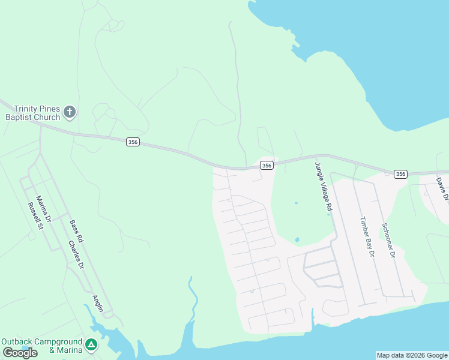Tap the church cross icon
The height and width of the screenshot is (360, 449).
(70, 112)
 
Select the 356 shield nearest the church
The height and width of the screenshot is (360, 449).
(133, 142)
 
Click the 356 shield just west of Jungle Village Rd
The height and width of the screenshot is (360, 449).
(267, 165)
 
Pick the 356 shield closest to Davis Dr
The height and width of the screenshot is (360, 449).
(401, 174)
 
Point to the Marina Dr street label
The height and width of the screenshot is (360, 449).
(43, 209)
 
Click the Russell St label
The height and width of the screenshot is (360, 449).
(35, 216)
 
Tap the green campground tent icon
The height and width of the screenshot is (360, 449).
(91, 344)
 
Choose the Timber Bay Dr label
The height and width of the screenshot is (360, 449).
(366, 238)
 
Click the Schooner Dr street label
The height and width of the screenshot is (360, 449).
(387, 240)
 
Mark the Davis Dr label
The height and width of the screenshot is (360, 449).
(442, 188)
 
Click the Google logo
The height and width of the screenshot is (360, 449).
(20, 353)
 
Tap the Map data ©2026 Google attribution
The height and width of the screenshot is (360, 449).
(412, 355)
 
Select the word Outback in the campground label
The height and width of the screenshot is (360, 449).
(16, 341)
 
